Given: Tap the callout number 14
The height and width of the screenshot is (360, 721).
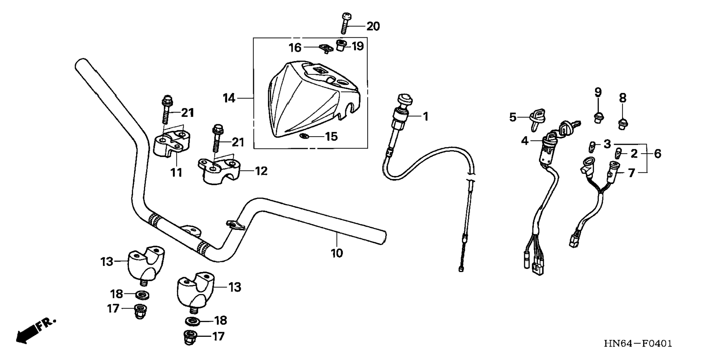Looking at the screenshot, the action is point(229,98).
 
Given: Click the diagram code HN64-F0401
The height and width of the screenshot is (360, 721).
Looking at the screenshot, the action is point(638,344).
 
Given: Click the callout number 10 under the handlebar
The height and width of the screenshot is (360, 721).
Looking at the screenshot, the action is point(337,253).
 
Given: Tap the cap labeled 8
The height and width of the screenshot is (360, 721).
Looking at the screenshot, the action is point(622,123).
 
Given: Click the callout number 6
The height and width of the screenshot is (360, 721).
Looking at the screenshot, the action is point(657,153).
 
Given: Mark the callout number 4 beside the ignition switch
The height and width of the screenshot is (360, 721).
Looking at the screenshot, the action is point(525,141).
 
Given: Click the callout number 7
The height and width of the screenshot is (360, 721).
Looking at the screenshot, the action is point(631,173).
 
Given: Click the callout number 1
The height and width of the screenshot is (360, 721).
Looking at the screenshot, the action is point(425,117).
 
